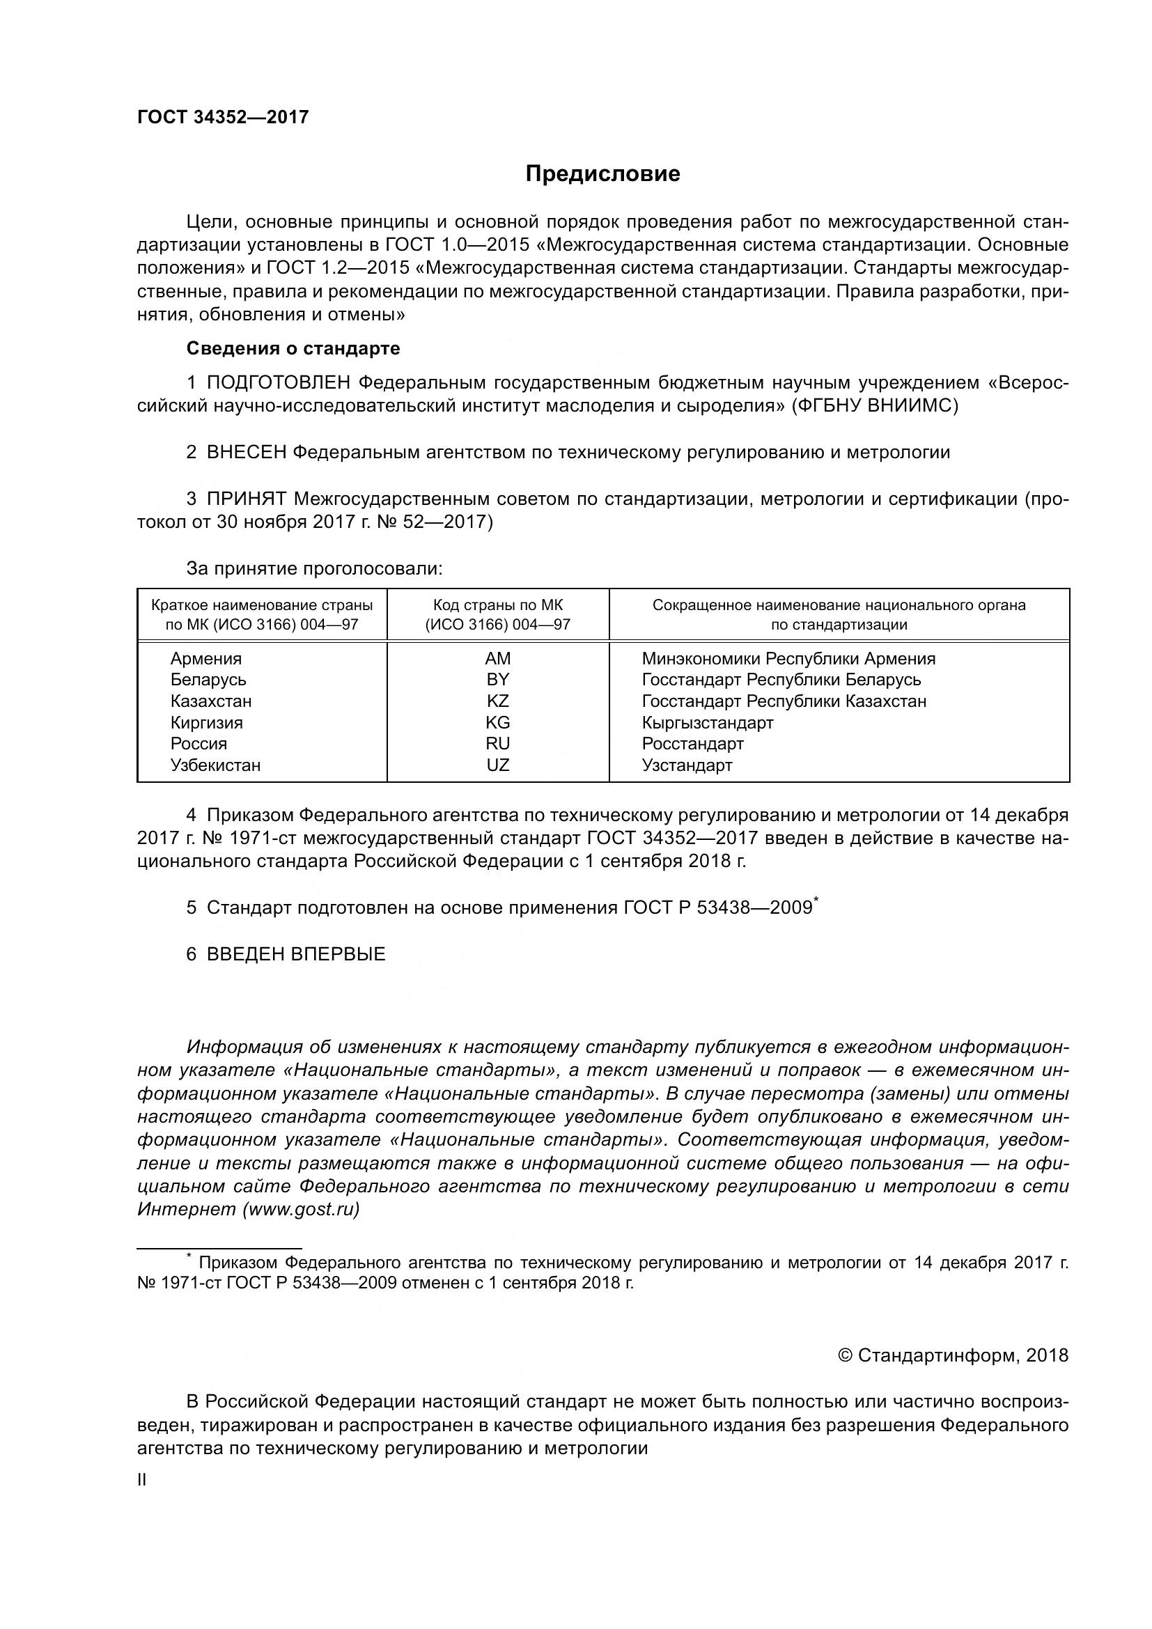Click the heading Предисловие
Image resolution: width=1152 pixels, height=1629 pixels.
tap(602, 174)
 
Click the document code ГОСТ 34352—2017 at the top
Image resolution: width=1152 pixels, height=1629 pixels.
tap(223, 117)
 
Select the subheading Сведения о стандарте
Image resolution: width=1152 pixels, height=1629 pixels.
tap(293, 348)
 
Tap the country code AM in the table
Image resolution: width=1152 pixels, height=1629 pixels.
tap(497, 658)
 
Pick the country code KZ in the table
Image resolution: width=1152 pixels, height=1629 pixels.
tap(497, 701)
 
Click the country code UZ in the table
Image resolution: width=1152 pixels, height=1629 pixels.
tap(497, 765)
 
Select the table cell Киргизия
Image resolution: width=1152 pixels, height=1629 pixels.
tap(206, 722)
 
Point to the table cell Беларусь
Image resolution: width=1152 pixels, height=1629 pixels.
tap(208, 680)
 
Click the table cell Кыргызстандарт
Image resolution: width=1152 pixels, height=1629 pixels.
tap(707, 722)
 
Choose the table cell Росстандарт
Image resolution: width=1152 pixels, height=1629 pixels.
tap(692, 744)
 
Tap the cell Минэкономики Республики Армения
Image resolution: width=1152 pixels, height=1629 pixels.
tap(788, 658)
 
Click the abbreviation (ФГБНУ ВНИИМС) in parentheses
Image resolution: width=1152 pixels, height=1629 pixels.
tap(875, 406)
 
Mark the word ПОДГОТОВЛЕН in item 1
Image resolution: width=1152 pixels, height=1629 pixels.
tap(278, 383)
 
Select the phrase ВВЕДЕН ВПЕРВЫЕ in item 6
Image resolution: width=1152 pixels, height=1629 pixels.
tap(296, 953)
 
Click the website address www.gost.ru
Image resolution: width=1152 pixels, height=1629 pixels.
tap(301, 1209)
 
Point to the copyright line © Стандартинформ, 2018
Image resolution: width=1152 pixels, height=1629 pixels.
tap(953, 1355)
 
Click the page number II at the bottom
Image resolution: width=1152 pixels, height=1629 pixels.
tap(141, 1480)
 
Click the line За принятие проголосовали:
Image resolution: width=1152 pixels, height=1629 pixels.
tap(314, 568)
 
